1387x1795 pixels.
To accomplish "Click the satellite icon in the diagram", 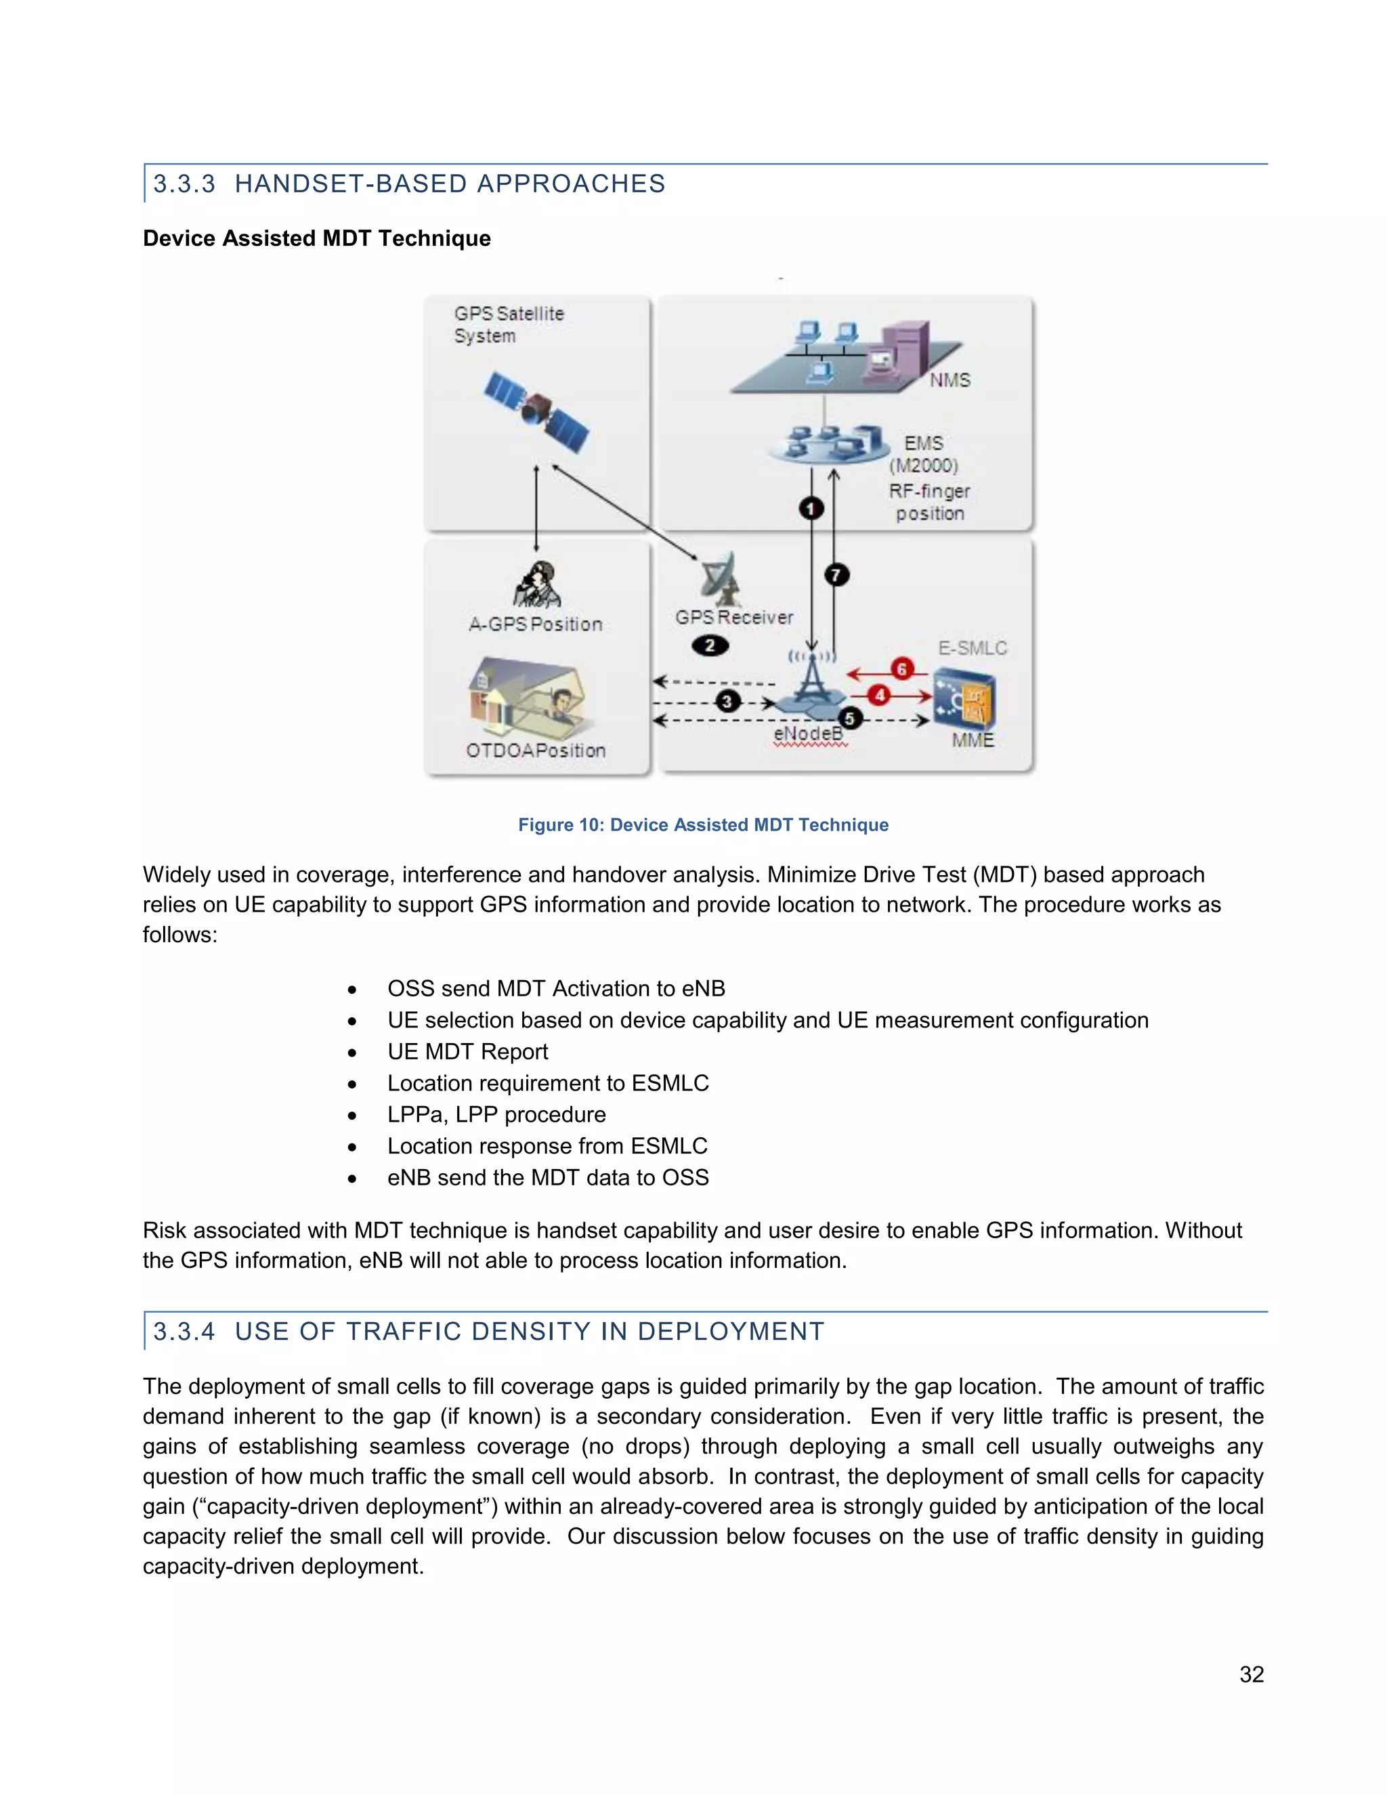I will click(536, 412).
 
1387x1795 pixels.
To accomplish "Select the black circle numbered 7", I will click(836, 574).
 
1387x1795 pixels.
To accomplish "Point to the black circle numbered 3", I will click(727, 701).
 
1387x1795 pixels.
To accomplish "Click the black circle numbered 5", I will click(850, 718).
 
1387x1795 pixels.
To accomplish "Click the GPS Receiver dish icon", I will click(722, 578).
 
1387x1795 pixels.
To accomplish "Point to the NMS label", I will click(950, 381).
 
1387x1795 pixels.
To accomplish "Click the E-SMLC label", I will click(972, 648).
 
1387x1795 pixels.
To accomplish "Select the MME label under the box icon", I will click(973, 740).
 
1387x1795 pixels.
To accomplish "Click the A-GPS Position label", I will click(536, 625).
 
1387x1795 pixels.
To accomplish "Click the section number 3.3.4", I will click(184, 1332).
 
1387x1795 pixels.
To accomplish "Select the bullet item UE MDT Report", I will click(467, 1051).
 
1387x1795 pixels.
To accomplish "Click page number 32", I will click(1251, 1674).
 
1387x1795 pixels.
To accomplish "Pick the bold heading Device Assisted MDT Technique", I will click(316, 238).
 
